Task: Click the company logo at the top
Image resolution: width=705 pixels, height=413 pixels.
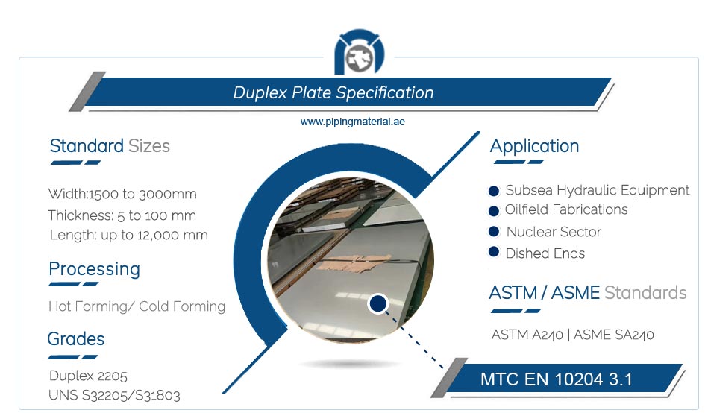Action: (x=360, y=52)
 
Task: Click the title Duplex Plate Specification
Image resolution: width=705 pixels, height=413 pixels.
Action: (x=333, y=92)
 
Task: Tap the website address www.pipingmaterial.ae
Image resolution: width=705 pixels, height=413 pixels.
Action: (x=352, y=122)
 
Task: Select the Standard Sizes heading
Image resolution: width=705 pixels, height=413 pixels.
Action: (x=110, y=146)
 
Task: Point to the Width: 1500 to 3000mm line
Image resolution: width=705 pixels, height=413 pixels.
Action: (x=122, y=194)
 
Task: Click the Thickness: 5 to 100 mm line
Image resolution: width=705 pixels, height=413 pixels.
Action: (x=122, y=215)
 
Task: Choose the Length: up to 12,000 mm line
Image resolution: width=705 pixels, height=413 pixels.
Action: (x=128, y=235)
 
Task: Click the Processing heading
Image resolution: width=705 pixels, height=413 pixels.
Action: (x=95, y=269)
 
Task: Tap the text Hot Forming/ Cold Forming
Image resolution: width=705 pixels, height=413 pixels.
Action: (x=137, y=306)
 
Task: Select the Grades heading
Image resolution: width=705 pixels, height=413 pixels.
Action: (x=76, y=339)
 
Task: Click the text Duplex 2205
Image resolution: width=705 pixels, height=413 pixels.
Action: (x=88, y=376)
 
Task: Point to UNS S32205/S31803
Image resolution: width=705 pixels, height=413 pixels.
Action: (x=114, y=395)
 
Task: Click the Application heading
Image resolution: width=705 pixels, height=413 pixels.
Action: (x=535, y=147)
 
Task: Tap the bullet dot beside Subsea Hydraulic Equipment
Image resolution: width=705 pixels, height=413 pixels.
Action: (x=494, y=191)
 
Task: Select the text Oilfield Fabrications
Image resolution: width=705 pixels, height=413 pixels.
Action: (x=566, y=209)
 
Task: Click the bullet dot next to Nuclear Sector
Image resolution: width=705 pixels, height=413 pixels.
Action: (x=494, y=231)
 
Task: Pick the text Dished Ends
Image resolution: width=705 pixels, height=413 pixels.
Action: (x=545, y=253)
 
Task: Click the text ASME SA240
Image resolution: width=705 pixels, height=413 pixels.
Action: (x=614, y=335)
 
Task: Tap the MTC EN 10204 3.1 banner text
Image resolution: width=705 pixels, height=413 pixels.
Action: (x=557, y=379)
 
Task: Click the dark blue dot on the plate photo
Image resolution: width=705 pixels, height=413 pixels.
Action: (x=378, y=304)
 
